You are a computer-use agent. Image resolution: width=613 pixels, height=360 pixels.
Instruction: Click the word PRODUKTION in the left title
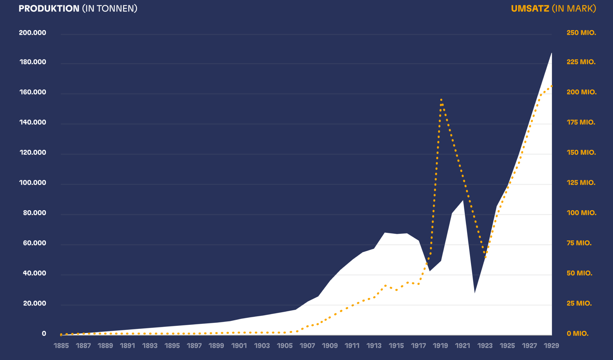pos(49,9)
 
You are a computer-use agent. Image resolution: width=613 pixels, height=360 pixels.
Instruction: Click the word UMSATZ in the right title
pos(530,9)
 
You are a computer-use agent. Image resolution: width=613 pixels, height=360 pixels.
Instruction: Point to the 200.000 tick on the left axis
pos(33,33)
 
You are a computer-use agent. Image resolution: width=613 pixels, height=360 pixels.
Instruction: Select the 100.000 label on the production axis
pos(33,183)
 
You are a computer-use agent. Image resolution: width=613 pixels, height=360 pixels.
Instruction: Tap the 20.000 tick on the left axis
pos(34,303)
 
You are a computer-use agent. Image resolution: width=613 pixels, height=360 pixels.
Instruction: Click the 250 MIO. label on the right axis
pos(581,33)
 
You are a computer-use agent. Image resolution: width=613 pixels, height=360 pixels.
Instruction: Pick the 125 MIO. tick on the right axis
pos(581,183)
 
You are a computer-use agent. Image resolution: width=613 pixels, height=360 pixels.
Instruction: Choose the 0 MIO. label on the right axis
pos(577,333)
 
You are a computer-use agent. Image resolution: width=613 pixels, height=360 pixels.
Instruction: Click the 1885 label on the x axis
pos(61,346)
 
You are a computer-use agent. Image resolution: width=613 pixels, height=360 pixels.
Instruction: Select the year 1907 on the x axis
pos(307,346)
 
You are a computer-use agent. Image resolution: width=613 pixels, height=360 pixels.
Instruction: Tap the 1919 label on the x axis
pos(440,346)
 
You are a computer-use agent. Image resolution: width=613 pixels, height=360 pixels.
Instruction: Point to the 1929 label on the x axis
pos(551,346)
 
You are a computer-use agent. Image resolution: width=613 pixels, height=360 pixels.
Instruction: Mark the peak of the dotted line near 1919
pos(441,100)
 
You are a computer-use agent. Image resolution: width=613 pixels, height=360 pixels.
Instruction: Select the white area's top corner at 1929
pos(551,53)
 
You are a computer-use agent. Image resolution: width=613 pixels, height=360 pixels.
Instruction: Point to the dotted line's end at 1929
pos(551,86)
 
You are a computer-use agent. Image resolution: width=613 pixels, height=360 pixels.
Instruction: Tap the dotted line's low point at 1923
pos(485,257)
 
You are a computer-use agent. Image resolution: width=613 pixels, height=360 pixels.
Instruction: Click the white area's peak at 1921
pos(463,201)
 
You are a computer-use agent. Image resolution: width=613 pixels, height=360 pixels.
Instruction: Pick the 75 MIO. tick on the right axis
pos(579,243)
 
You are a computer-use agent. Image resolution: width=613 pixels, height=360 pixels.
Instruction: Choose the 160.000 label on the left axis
pos(33,92)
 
